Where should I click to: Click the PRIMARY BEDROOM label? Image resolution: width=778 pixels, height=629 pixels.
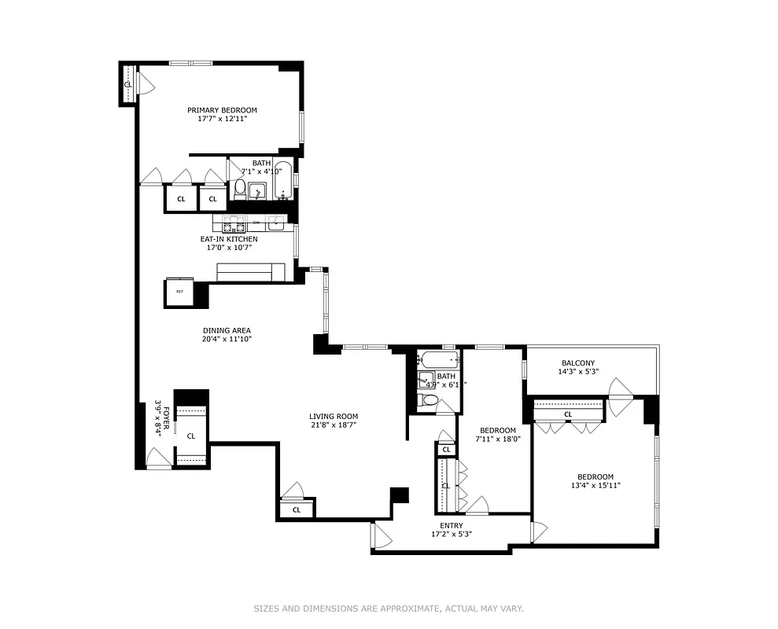tap(221, 110)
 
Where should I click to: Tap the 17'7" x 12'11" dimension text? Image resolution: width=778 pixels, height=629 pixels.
tap(221, 120)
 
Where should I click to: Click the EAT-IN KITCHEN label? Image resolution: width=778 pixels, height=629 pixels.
tap(229, 238)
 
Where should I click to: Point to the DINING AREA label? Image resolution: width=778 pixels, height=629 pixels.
tap(226, 330)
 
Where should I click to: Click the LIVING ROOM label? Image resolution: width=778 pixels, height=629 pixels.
tap(334, 417)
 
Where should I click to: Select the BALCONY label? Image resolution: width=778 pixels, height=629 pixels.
tap(577, 362)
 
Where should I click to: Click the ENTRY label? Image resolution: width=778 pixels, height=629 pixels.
tap(452, 525)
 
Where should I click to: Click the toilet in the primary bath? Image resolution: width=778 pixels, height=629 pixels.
tap(240, 189)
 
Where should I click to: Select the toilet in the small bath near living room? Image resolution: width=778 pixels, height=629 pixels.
tap(430, 400)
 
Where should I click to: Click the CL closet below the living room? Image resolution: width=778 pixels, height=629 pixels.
tap(297, 509)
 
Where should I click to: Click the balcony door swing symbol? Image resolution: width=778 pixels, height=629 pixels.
tap(620, 389)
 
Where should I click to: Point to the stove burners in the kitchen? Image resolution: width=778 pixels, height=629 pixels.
tap(234, 223)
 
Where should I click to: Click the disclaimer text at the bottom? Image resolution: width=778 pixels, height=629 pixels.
tap(389, 608)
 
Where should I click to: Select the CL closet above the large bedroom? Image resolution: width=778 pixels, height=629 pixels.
tap(567, 414)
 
